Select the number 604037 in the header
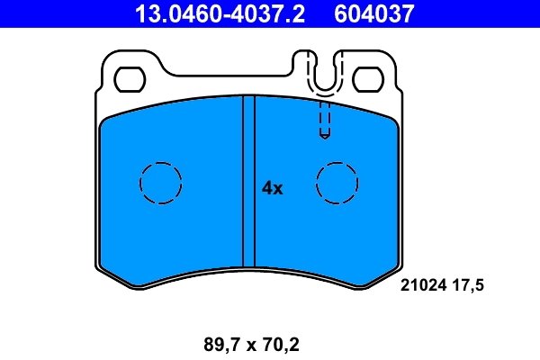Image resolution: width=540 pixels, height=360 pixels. tap(376, 13)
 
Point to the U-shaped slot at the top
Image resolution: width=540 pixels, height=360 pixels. tap(325, 72)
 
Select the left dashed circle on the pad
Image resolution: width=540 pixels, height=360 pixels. tap(161, 183)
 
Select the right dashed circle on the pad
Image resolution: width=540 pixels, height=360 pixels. tap(337, 183)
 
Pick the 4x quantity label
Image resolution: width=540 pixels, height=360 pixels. tap(272, 188)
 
